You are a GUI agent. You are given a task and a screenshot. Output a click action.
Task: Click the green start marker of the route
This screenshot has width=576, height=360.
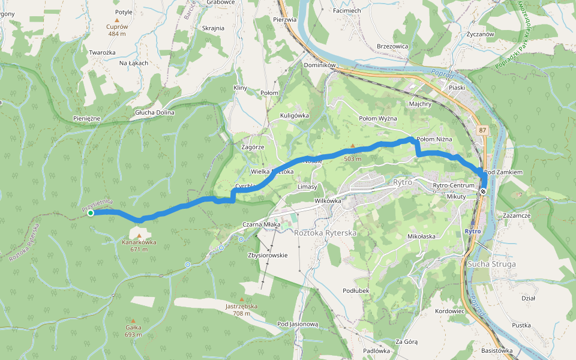90,213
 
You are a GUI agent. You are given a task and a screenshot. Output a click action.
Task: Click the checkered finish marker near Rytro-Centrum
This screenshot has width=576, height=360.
483,191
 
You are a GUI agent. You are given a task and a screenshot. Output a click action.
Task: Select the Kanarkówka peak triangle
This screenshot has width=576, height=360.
139,236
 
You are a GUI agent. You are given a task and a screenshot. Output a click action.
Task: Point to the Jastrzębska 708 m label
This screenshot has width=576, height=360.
241,310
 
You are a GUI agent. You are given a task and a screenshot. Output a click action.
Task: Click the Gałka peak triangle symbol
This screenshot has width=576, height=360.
133,320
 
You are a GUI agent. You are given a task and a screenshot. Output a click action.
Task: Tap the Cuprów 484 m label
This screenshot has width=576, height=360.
117,30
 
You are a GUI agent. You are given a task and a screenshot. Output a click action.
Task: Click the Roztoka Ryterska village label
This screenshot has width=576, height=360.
325,232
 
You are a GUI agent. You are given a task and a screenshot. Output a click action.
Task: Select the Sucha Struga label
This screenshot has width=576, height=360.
491,264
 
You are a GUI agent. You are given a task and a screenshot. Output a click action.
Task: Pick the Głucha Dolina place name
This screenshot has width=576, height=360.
154,112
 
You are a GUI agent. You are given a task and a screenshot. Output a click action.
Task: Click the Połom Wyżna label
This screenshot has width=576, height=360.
378,118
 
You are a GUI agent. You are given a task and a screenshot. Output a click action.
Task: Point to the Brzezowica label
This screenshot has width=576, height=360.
392,46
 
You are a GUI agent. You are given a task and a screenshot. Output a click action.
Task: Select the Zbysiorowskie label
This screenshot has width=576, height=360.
268,255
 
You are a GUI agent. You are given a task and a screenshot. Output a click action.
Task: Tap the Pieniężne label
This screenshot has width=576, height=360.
87,118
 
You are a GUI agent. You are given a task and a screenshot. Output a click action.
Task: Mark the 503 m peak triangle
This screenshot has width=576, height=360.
353,146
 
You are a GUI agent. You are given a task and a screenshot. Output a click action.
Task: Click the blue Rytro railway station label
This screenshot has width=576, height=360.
472,231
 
